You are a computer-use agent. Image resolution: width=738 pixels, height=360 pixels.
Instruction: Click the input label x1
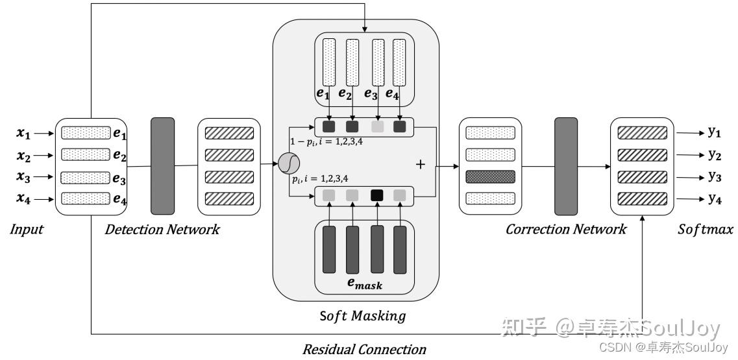[23, 134]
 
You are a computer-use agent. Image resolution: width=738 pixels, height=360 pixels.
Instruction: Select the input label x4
[23, 199]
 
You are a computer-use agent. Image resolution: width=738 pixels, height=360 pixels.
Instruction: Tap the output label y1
[715, 132]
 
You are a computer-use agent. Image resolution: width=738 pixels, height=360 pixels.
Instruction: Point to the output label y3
[715, 176]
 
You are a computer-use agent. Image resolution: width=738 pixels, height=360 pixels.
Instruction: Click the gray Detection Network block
[162, 166]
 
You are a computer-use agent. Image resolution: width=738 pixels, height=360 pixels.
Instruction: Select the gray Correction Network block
[567, 166]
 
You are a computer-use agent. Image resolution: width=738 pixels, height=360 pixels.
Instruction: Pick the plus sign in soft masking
[420, 165]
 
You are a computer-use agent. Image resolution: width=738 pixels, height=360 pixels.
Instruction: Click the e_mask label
[364, 283]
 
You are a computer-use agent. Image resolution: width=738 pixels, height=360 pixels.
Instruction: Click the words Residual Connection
[364, 350]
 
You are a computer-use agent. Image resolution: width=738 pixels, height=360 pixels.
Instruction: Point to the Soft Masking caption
[362, 316]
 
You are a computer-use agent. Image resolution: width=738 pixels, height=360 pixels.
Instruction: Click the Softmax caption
[705, 229]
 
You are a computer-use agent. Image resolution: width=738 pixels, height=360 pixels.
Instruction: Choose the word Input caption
[27, 229]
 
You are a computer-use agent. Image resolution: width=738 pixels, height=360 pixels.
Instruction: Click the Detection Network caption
[162, 229]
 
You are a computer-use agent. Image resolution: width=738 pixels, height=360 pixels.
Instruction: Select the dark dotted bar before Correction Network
[490, 176]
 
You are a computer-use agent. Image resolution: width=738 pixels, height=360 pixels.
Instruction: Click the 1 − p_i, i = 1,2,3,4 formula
[326, 141]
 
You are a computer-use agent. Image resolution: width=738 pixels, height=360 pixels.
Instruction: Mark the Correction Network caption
[566, 229]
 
